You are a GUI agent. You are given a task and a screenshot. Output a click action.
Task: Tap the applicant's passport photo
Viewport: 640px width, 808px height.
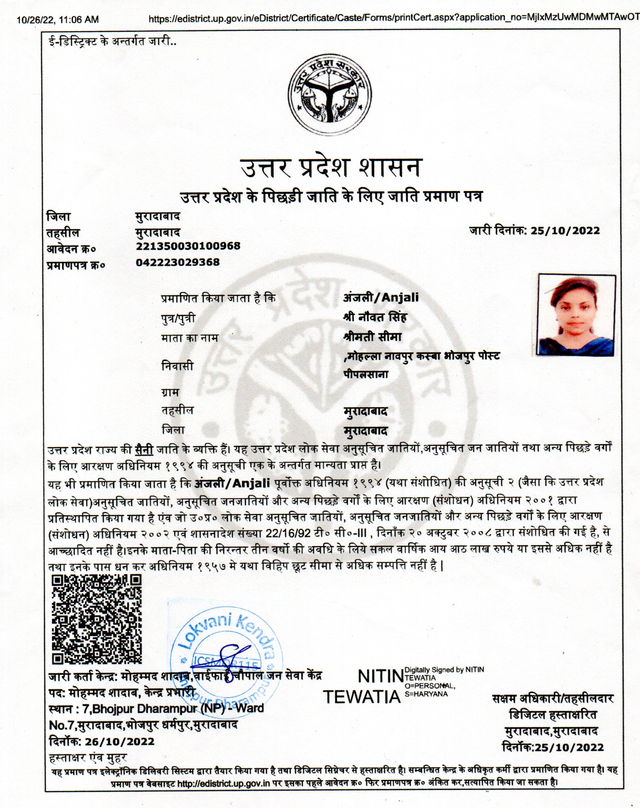pos(577,315)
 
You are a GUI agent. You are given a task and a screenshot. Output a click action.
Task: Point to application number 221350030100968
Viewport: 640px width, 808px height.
pos(188,246)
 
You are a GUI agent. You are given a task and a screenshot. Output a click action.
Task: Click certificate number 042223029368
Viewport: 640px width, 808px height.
pos(178,262)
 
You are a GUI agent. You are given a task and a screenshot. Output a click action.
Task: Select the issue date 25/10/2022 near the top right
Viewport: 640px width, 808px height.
pos(565,230)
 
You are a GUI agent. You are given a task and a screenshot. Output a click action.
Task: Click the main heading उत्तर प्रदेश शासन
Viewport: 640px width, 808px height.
pos(330,168)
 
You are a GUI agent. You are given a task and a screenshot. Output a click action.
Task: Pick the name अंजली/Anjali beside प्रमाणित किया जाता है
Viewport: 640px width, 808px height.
pos(380,297)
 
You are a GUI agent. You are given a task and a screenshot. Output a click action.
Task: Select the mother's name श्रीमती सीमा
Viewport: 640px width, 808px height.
pos(372,337)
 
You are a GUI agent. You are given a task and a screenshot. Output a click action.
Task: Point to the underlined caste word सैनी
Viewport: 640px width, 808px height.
pos(143,449)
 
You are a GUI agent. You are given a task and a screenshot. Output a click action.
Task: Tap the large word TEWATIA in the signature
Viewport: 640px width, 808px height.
pos(362,696)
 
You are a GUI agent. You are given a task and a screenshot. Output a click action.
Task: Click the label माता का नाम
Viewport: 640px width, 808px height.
pos(190,338)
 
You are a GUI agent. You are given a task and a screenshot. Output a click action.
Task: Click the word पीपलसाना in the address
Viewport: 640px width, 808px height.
pos(366,374)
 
